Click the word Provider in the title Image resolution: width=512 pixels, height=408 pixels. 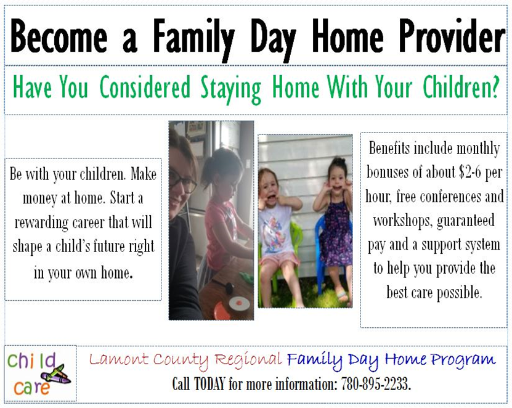tap(452, 36)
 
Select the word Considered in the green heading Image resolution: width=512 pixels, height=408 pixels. tap(145, 87)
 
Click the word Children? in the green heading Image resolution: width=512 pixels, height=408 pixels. tap(461, 87)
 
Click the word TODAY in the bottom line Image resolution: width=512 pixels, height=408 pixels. tap(209, 383)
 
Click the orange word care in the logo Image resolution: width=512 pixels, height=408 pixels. tap(31, 388)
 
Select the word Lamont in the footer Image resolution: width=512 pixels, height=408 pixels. tap(118, 359)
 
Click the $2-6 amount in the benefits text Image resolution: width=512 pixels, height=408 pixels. tap(469, 172)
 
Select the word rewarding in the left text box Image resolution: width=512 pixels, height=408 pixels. tap(41, 222)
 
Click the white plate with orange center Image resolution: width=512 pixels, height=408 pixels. tap(239, 303)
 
